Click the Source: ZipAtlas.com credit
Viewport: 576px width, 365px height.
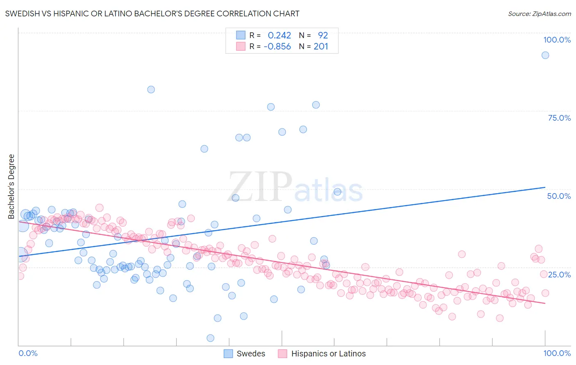[x=539, y=14]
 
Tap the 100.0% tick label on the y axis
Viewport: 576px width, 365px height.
[x=557, y=40]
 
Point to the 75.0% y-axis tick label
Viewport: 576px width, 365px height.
[x=559, y=118]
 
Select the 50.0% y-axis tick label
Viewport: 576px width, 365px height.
[x=559, y=196]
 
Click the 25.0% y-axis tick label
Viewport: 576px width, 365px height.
[x=560, y=274]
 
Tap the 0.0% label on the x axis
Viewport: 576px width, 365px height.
[x=28, y=353]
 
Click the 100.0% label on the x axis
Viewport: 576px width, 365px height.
[x=557, y=353]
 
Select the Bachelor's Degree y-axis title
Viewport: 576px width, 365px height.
[x=11, y=187]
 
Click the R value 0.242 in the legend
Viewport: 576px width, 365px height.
[x=279, y=36]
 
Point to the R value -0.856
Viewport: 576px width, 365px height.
[x=277, y=47]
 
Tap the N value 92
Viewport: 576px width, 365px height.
[x=323, y=36]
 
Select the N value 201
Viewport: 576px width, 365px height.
[x=321, y=47]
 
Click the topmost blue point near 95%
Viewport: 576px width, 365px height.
[x=545, y=55]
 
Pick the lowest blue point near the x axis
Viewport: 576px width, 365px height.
[x=210, y=338]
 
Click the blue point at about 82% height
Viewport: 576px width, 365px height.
[x=151, y=90]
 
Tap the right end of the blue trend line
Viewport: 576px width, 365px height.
[x=545, y=187]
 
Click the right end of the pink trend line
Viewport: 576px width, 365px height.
[x=545, y=303]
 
